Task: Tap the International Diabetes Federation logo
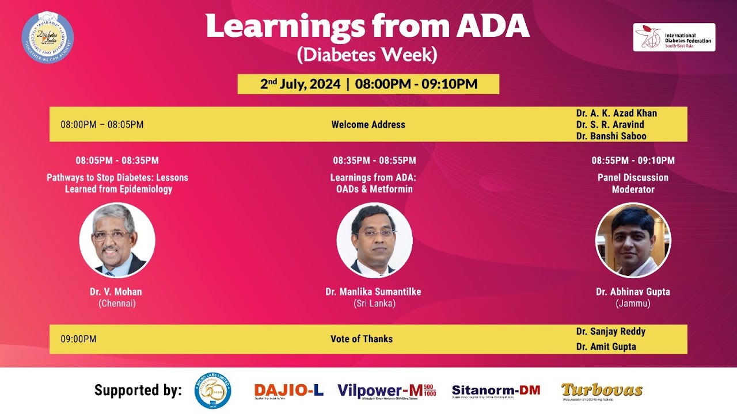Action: [x=674, y=37]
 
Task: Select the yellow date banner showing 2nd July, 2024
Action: [x=368, y=84]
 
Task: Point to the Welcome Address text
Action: [x=368, y=124]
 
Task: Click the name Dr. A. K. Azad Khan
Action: [x=616, y=113]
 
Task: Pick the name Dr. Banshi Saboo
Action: [x=611, y=136]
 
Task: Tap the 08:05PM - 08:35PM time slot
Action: [x=117, y=160]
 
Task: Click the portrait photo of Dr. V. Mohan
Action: [x=117, y=240]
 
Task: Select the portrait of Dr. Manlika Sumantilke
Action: [x=374, y=240]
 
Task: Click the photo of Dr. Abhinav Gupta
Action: [x=633, y=240]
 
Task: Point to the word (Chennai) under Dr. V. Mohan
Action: [x=117, y=303]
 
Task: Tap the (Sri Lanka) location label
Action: [x=374, y=303]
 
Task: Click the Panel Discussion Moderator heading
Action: [x=633, y=183]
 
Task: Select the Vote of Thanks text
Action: [x=362, y=339]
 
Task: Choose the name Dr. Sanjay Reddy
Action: [x=610, y=331]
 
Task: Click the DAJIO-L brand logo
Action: [x=288, y=390]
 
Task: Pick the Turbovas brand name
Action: [x=602, y=390]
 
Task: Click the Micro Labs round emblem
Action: [x=212, y=390]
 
